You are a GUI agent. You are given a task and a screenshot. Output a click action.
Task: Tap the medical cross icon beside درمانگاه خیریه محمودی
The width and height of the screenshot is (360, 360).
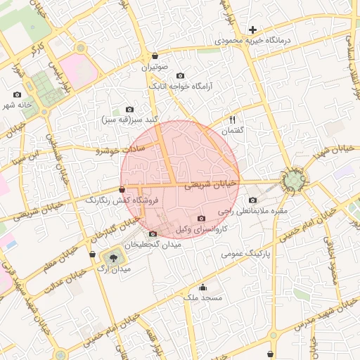(252, 30)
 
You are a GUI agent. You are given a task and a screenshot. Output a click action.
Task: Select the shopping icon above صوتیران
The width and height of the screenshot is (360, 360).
(155, 56)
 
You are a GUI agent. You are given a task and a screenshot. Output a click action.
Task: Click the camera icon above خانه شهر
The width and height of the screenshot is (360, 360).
(18, 94)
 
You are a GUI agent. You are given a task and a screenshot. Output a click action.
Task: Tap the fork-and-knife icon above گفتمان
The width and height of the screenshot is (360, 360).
(232, 120)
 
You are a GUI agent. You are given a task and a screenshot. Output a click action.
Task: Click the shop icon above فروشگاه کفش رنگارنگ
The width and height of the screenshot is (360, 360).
(122, 189)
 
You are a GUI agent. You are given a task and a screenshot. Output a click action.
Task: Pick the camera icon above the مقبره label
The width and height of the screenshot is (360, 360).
(252, 200)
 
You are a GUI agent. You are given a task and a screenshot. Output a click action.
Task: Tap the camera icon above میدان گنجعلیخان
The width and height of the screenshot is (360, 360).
(153, 233)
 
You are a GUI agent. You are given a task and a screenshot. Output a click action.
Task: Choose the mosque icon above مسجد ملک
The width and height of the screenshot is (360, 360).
(203, 287)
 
